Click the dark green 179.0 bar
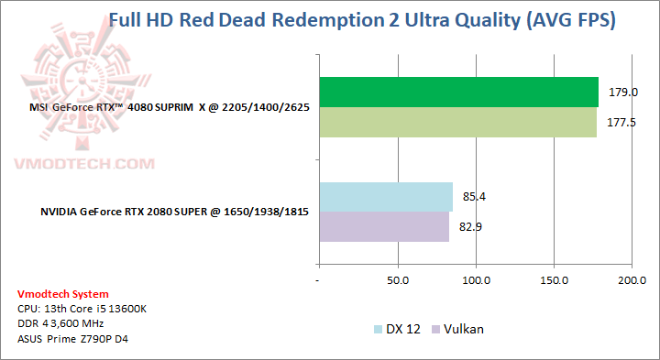[458, 93]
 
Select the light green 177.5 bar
[457, 123]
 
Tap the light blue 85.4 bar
[386, 197]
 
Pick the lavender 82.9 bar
[384, 227]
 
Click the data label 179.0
[623, 93]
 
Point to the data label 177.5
[621, 123]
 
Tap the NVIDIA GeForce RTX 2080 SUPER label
[173, 213]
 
